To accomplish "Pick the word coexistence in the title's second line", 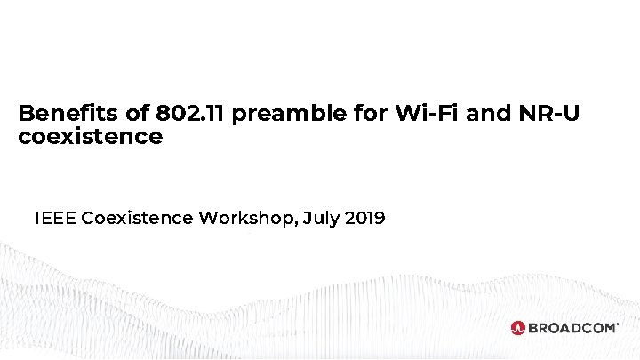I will click(90, 138).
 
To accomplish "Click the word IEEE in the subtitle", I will click(55, 218).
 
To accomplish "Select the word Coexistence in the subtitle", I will click(137, 218).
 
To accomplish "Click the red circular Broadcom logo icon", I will click(518, 328).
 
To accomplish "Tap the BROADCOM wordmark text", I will click(572, 328).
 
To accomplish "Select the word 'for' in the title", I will click(370, 115).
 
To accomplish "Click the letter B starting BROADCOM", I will click(534, 328).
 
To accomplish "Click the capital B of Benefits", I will click(25, 115).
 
